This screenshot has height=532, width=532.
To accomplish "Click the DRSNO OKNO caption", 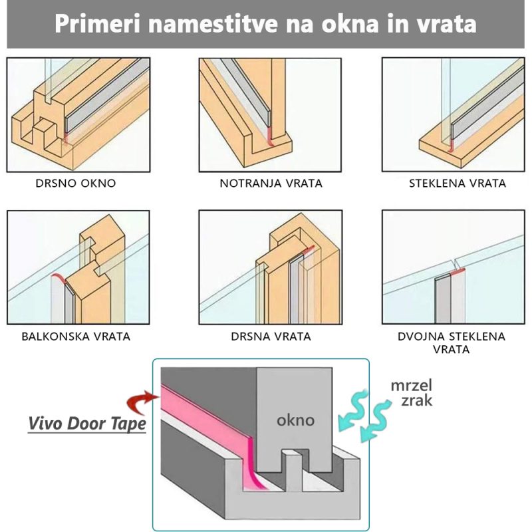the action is [76, 184].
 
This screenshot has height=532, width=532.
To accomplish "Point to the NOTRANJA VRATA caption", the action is [271, 184].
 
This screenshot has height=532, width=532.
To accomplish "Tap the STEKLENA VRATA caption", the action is [458, 184].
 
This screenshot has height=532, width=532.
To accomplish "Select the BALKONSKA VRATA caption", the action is [76, 336].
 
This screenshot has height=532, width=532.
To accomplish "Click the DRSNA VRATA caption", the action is [271, 336].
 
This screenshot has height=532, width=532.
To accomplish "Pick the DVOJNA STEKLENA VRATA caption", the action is [452, 342].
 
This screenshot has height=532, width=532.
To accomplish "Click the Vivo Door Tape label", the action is [87, 424].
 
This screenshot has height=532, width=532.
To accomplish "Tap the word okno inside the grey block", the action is [295, 420].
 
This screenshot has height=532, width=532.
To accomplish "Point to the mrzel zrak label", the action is [412, 393].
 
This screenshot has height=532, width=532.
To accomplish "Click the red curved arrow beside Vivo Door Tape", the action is [139, 403].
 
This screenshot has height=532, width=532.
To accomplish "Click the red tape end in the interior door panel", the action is [271, 138].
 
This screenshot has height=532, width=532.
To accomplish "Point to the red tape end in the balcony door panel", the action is [59, 278].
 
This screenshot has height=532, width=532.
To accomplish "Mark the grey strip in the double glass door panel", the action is [442, 299].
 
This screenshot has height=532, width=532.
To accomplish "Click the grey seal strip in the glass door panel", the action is [487, 104].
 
